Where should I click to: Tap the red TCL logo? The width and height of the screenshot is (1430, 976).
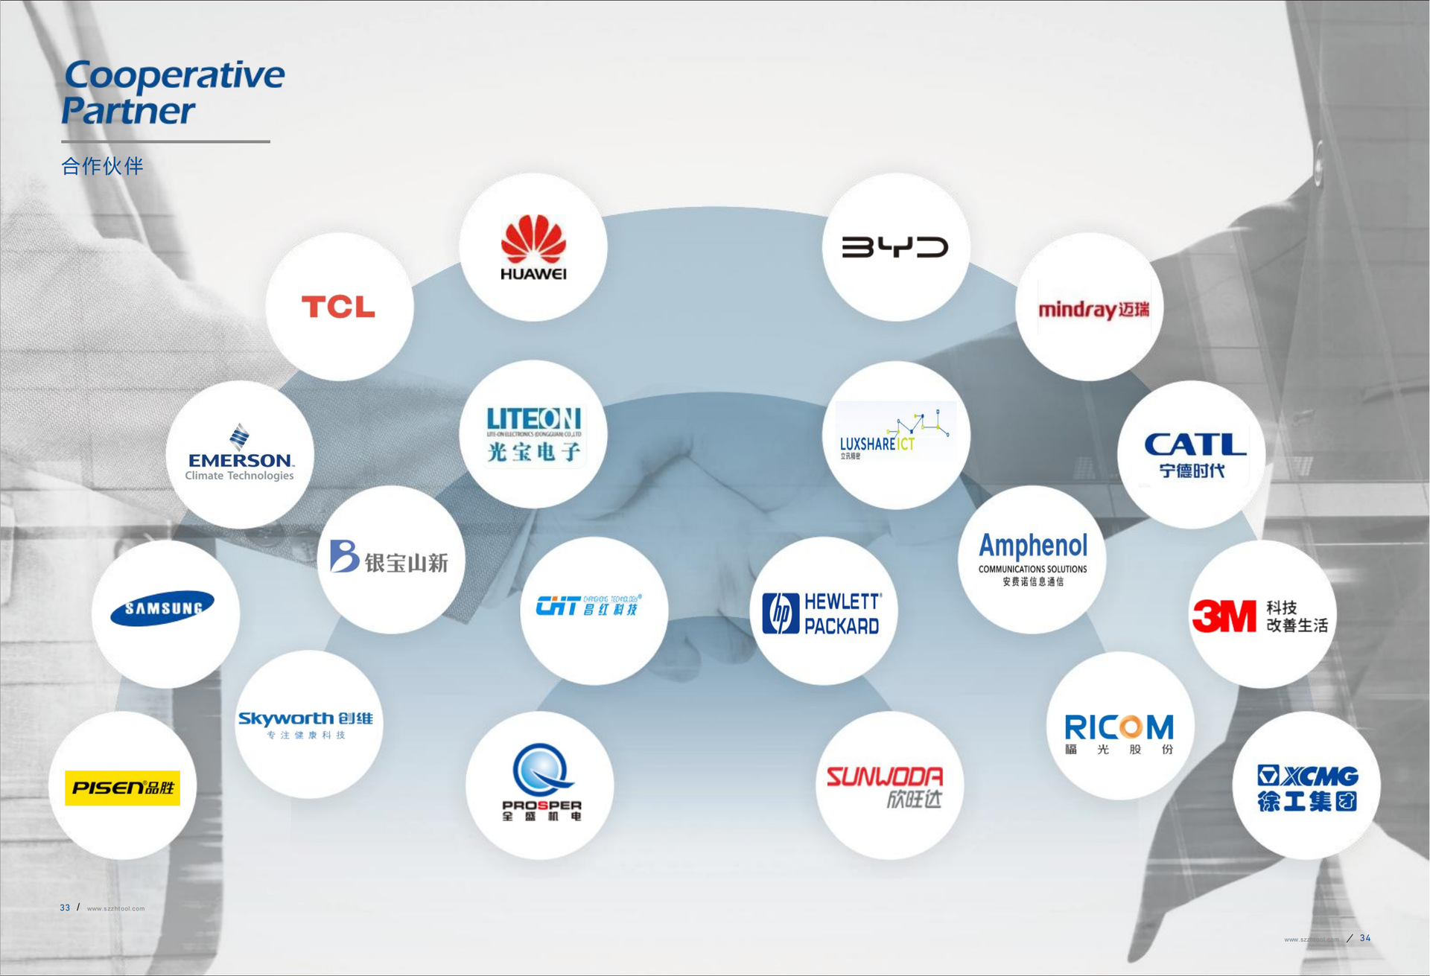pos(338,307)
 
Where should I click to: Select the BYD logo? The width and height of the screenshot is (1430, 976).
pos(894,247)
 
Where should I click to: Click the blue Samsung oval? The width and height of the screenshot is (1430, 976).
pos(162,608)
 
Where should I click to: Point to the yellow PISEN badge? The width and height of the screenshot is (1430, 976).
pos(122,788)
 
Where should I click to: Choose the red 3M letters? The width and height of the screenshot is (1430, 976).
pos(1224,616)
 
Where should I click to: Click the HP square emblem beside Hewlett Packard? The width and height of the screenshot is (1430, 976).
pos(781,613)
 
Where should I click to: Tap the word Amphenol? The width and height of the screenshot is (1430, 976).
pos(1033,546)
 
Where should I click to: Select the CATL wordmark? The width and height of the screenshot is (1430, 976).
pos(1195,445)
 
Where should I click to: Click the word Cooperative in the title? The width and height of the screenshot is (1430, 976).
pos(174,75)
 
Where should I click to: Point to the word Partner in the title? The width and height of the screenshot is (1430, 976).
pos(128,111)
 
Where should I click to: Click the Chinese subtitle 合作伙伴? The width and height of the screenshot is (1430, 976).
pos(102,166)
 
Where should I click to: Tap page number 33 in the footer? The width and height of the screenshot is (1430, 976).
pos(65,908)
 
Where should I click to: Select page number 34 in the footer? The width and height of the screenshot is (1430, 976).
pos(1365,938)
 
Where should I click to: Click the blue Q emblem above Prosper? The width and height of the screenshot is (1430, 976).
pos(541,770)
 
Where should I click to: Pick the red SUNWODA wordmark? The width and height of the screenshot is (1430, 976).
pos(885,777)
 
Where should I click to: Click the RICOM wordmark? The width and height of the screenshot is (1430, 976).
pos(1119,727)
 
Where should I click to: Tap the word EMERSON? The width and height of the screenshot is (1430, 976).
pos(240,460)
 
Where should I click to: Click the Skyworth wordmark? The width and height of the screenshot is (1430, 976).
pos(285,718)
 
